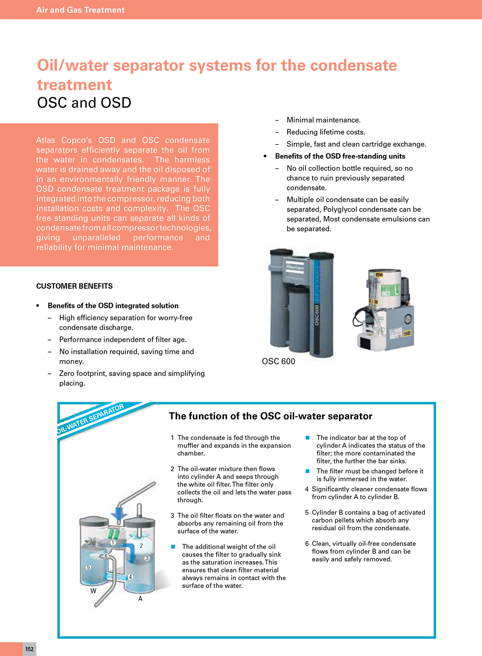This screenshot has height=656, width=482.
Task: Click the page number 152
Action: tap(29, 649)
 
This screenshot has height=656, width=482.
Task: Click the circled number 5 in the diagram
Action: tap(88, 567)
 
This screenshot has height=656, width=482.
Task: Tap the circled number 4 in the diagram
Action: tap(131, 577)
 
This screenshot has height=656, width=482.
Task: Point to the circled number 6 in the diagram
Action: tap(106, 556)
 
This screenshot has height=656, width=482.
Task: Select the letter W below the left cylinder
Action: tap(93, 591)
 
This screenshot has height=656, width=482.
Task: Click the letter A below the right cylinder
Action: tap(140, 599)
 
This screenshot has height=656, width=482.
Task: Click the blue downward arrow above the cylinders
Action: tap(119, 513)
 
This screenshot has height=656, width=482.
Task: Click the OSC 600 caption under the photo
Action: tap(278, 361)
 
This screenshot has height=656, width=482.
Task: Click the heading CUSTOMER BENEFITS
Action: tap(74, 286)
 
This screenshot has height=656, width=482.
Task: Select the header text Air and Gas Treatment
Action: tap(80, 10)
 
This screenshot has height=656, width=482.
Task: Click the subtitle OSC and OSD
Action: tap(84, 102)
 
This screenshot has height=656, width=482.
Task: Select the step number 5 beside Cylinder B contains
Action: tap(307, 512)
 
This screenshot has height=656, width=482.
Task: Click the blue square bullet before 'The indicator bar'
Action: tap(307, 438)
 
